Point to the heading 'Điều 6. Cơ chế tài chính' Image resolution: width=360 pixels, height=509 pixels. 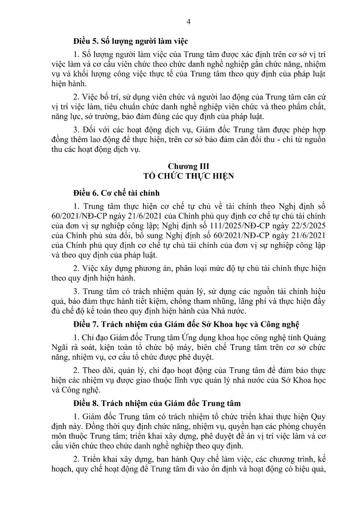(x=116, y=193)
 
